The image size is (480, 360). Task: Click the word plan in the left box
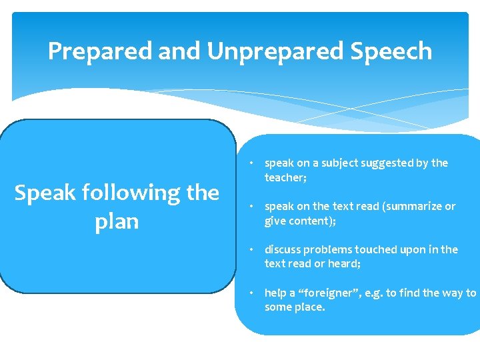click(117, 221)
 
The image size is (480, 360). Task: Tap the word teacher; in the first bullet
click(285, 178)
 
